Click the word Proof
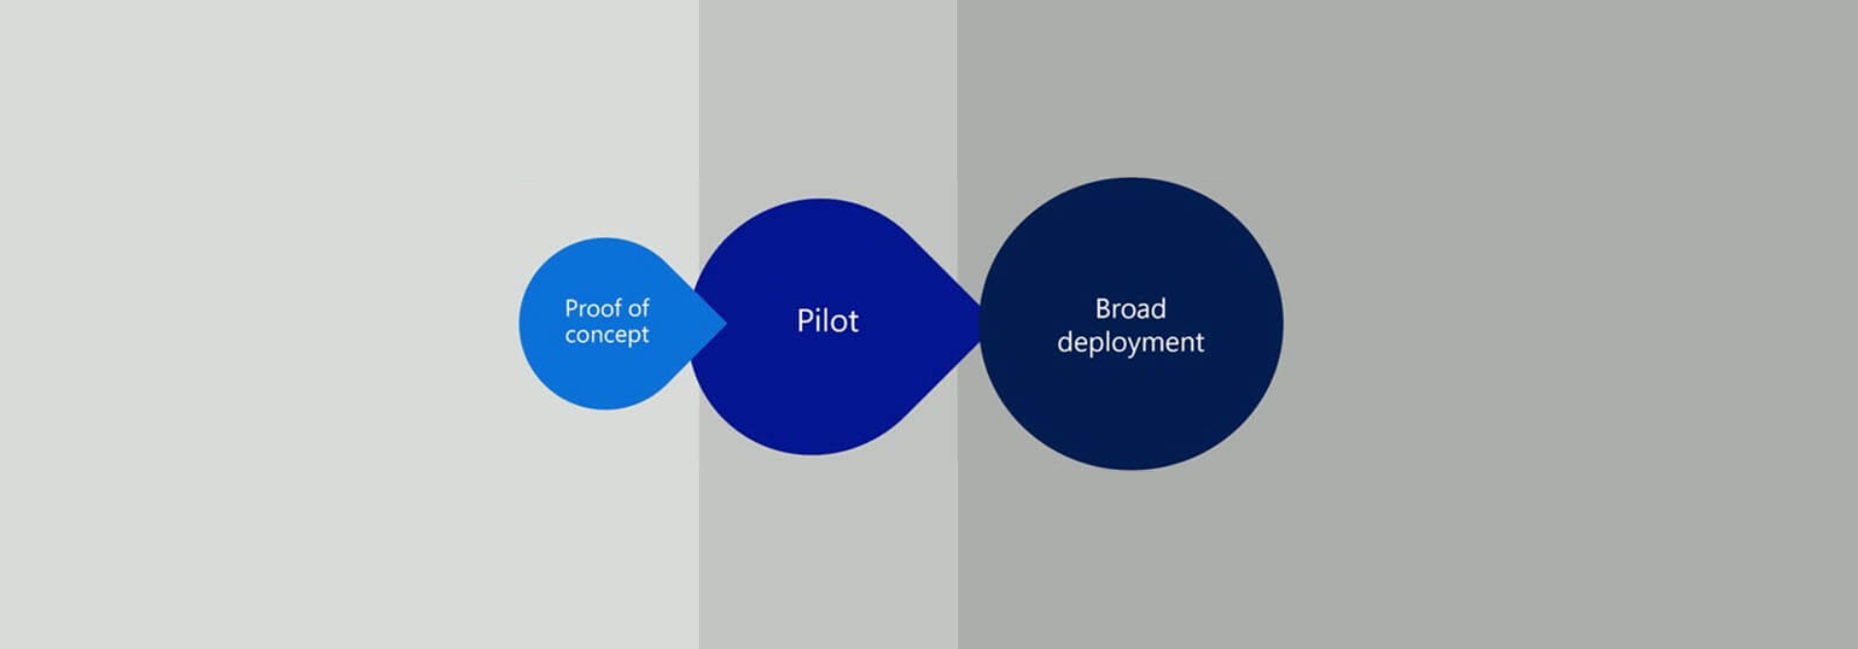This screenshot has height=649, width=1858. [x=592, y=308]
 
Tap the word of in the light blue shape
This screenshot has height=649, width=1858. [x=638, y=308]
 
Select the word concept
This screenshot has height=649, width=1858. [x=607, y=335]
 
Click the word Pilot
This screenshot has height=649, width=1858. [x=827, y=321]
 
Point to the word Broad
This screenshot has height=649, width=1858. [x=1130, y=309]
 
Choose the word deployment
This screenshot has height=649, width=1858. [x=1130, y=343]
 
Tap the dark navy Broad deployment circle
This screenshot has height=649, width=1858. [x=1131, y=324]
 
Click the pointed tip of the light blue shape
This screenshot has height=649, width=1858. [x=726, y=324]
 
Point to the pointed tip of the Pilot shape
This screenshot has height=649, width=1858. [x=982, y=325]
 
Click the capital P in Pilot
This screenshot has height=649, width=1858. [x=804, y=321]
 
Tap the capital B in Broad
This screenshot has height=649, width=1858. [x=1103, y=309]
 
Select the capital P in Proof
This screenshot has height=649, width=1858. [x=572, y=308]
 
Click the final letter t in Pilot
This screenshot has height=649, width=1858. [x=853, y=322]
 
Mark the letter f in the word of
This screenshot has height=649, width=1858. [x=645, y=307]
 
